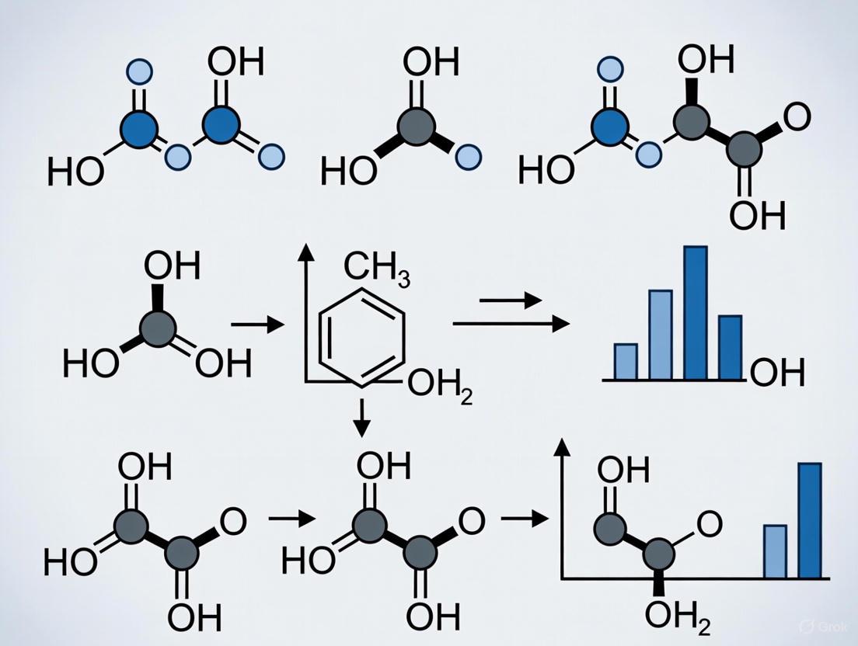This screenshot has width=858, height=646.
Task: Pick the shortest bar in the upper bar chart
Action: (626, 361)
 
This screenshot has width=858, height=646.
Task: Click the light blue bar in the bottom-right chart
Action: (775, 551)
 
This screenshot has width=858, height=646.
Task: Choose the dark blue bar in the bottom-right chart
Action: (810, 520)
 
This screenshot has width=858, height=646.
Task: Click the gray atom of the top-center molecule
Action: (413, 124)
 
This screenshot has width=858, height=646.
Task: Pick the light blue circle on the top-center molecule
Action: (467, 158)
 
